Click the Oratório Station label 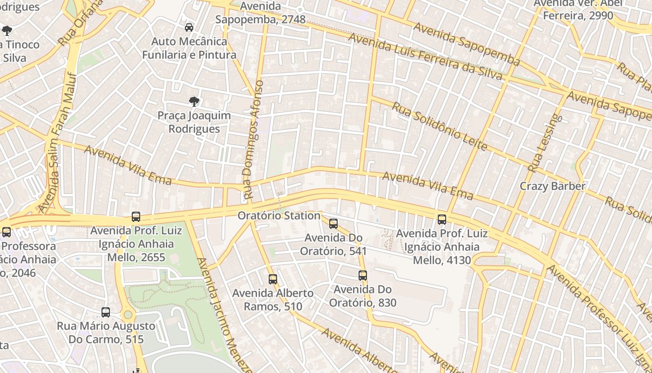278,216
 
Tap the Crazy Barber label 552,186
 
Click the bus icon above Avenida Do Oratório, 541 333,224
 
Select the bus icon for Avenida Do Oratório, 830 363,276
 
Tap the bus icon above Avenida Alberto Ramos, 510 273,279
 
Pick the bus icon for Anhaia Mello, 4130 442,219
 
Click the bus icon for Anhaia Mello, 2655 136,217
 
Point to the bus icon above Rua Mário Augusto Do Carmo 106,312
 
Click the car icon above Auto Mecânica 189,28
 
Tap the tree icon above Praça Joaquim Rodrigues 194,101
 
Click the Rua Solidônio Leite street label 439,126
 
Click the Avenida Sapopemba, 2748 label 260,13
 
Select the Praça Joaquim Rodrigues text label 194,122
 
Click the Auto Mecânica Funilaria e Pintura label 189,48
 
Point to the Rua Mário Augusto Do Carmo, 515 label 106,332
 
